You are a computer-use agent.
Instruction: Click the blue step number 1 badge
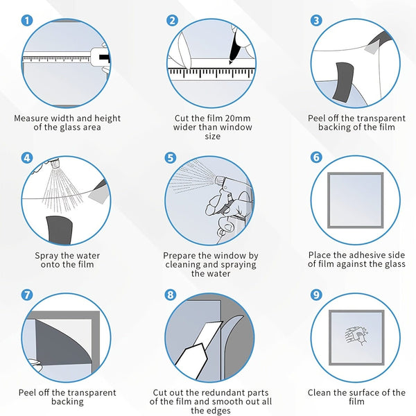(x=27, y=20)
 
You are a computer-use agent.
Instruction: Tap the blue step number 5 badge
(x=171, y=157)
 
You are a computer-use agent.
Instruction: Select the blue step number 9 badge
(x=316, y=295)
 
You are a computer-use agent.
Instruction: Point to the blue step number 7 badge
(x=27, y=295)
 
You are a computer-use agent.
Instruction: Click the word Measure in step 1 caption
(x=31, y=119)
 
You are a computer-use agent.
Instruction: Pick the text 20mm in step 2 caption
(x=237, y=119)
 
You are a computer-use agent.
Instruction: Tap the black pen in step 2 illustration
(x=234, y=47)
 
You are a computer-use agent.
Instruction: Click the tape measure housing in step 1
(x=101, y=57)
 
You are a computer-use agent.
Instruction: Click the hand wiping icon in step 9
(x=356, y=336)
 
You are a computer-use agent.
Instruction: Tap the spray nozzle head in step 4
(x=55, y=162)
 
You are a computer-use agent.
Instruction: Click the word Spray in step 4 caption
(x=46, y=256)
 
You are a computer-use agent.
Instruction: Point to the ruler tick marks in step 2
(x=211, y=73)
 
